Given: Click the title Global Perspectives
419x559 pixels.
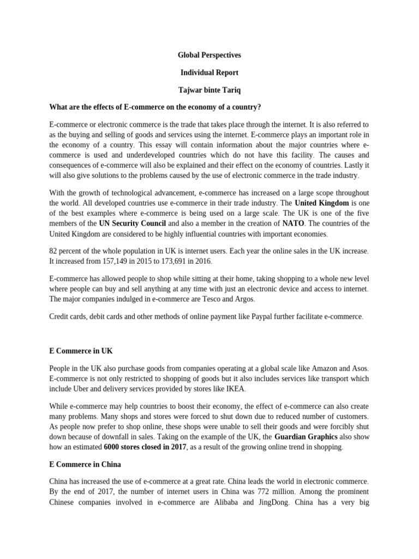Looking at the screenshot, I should [x=209, y=55].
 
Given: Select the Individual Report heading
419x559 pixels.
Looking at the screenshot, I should [x=209, y=73].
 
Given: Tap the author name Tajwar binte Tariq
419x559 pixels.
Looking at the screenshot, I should [x=209, y=90].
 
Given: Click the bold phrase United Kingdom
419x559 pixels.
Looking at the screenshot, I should [x=321, y=203].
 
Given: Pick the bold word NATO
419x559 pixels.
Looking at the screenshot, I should [x=292, y=224].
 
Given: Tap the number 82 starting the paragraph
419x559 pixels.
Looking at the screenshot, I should [x=53, y=251].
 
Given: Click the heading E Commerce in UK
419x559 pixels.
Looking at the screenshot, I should [x=81, y=350].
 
